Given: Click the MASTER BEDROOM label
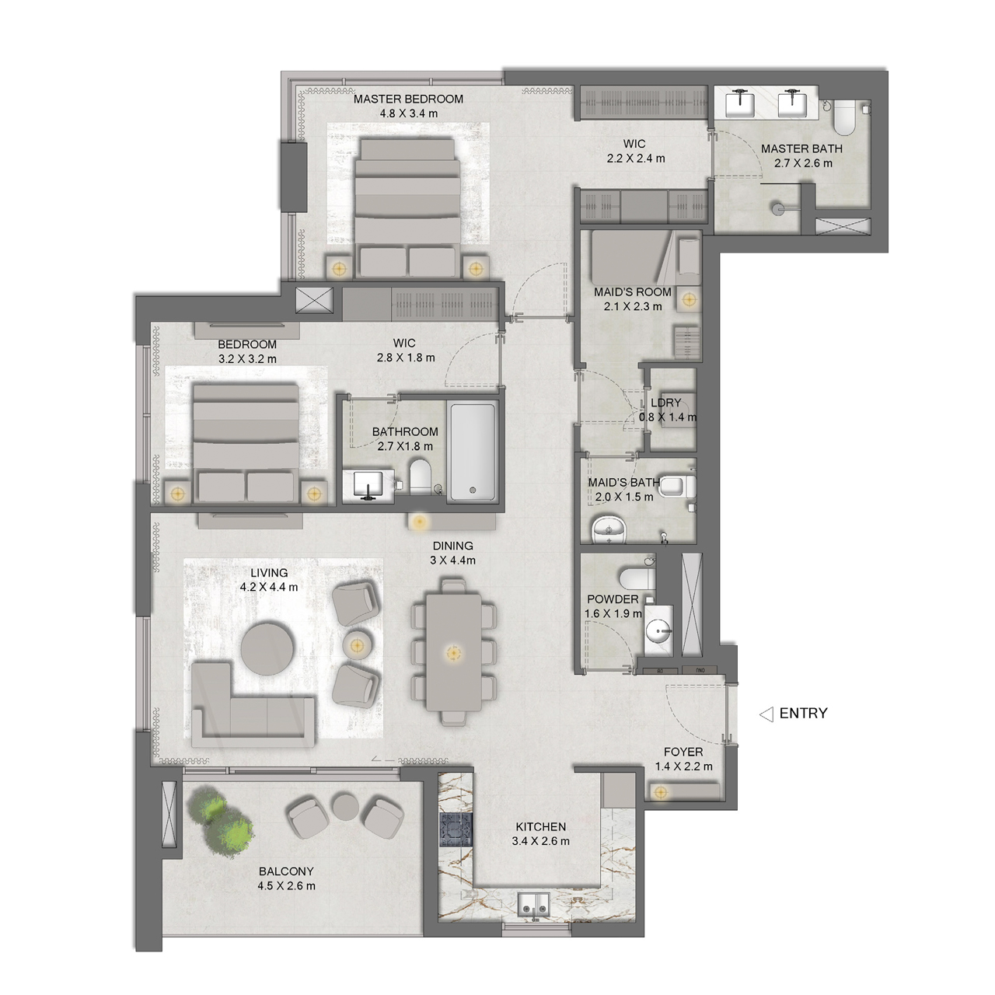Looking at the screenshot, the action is coord(408,99).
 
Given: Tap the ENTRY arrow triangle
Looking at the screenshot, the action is coord(766,714).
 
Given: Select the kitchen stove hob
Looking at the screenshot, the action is coord(456,829).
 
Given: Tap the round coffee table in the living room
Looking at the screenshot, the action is coord(268,648).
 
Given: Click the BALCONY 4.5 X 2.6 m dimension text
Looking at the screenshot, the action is coord(287,886).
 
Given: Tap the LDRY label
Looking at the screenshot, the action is coord(665,402).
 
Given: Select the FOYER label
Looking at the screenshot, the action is coord(683,752).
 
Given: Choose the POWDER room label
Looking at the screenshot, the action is coord(613,599).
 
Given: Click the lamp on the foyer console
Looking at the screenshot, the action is coord(660,792).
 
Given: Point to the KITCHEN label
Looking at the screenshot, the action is coord(540,826).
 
